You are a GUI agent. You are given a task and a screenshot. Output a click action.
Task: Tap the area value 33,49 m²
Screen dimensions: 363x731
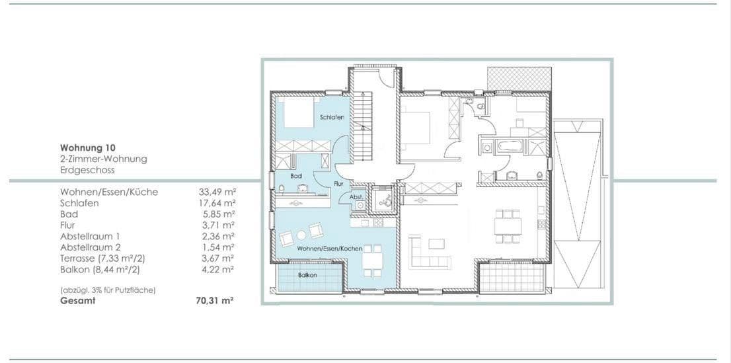coord(217,192)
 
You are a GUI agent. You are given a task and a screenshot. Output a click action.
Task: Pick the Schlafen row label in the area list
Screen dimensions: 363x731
coord(79,203)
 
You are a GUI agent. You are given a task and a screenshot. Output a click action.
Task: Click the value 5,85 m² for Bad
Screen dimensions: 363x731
coord(219,214)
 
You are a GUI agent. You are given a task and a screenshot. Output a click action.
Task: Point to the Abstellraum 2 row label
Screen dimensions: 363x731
coord(91,247)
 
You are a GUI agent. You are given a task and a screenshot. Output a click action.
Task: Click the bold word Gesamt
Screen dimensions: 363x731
coord(77,300)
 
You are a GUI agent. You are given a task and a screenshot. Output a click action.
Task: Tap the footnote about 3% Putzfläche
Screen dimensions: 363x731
coord(108,290)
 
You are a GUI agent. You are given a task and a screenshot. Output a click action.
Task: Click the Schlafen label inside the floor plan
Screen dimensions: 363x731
coord(332,117)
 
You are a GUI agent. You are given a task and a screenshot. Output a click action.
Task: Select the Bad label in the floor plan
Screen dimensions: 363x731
coord(296,176)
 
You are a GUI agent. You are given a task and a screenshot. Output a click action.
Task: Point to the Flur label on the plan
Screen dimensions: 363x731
coord(338,183)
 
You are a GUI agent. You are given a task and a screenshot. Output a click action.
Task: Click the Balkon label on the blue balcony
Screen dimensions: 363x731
coord(307,274)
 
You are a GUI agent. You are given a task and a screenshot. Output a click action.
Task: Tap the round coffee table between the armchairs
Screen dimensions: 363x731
coord(301,235)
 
